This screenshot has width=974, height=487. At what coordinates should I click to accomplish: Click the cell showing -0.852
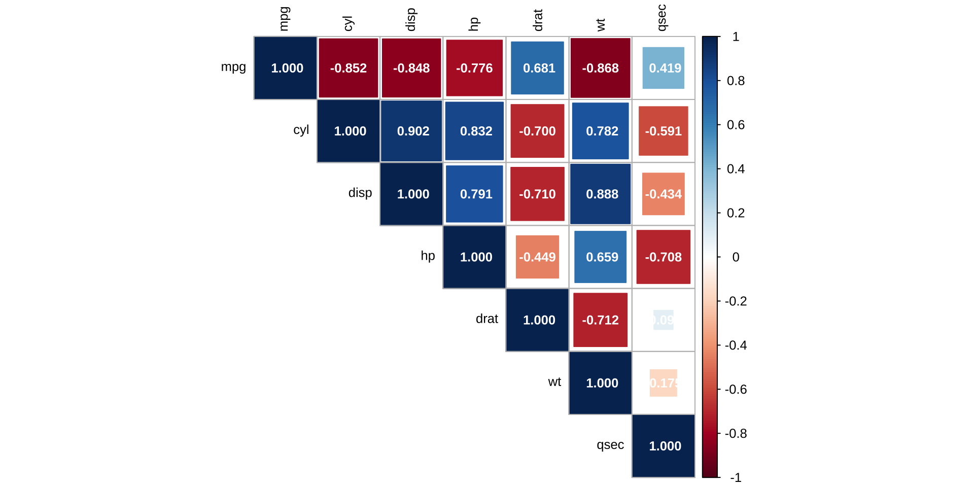pos(348,68)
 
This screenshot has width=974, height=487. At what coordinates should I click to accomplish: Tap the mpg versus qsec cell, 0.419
pos(664,68)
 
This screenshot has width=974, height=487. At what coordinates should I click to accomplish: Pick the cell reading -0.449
pos(537,257)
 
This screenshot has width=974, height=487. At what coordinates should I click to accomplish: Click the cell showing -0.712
pos(601,320)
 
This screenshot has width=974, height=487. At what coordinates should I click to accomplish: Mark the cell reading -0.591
pos(664,131)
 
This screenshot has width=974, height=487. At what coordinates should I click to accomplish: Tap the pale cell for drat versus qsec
pos(664,320)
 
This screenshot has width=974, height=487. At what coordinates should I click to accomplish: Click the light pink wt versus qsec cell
pos(664,382)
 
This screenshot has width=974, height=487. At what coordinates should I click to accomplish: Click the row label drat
pos(486,319)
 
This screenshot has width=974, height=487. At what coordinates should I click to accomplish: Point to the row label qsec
pos(610,445)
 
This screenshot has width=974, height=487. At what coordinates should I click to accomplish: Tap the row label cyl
pos(301,130)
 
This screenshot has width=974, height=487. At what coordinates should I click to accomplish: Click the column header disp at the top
pos(411,19)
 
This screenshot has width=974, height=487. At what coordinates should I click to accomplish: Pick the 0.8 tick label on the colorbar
pos(736,81)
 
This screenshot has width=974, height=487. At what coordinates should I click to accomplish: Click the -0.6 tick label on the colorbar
pos(736,389)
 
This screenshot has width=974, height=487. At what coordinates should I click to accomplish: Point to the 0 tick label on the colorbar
pos(736,257)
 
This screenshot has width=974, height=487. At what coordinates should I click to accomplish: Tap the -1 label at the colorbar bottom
pos(736,477)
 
